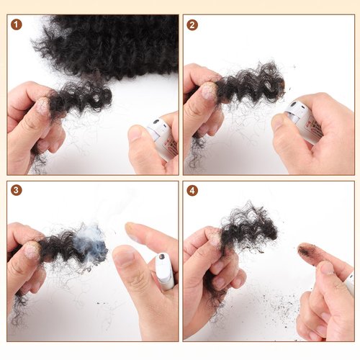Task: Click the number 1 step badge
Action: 16,24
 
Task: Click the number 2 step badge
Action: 192,24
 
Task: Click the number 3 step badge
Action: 16,191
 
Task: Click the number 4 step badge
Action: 192,191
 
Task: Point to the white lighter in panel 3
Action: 165,271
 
